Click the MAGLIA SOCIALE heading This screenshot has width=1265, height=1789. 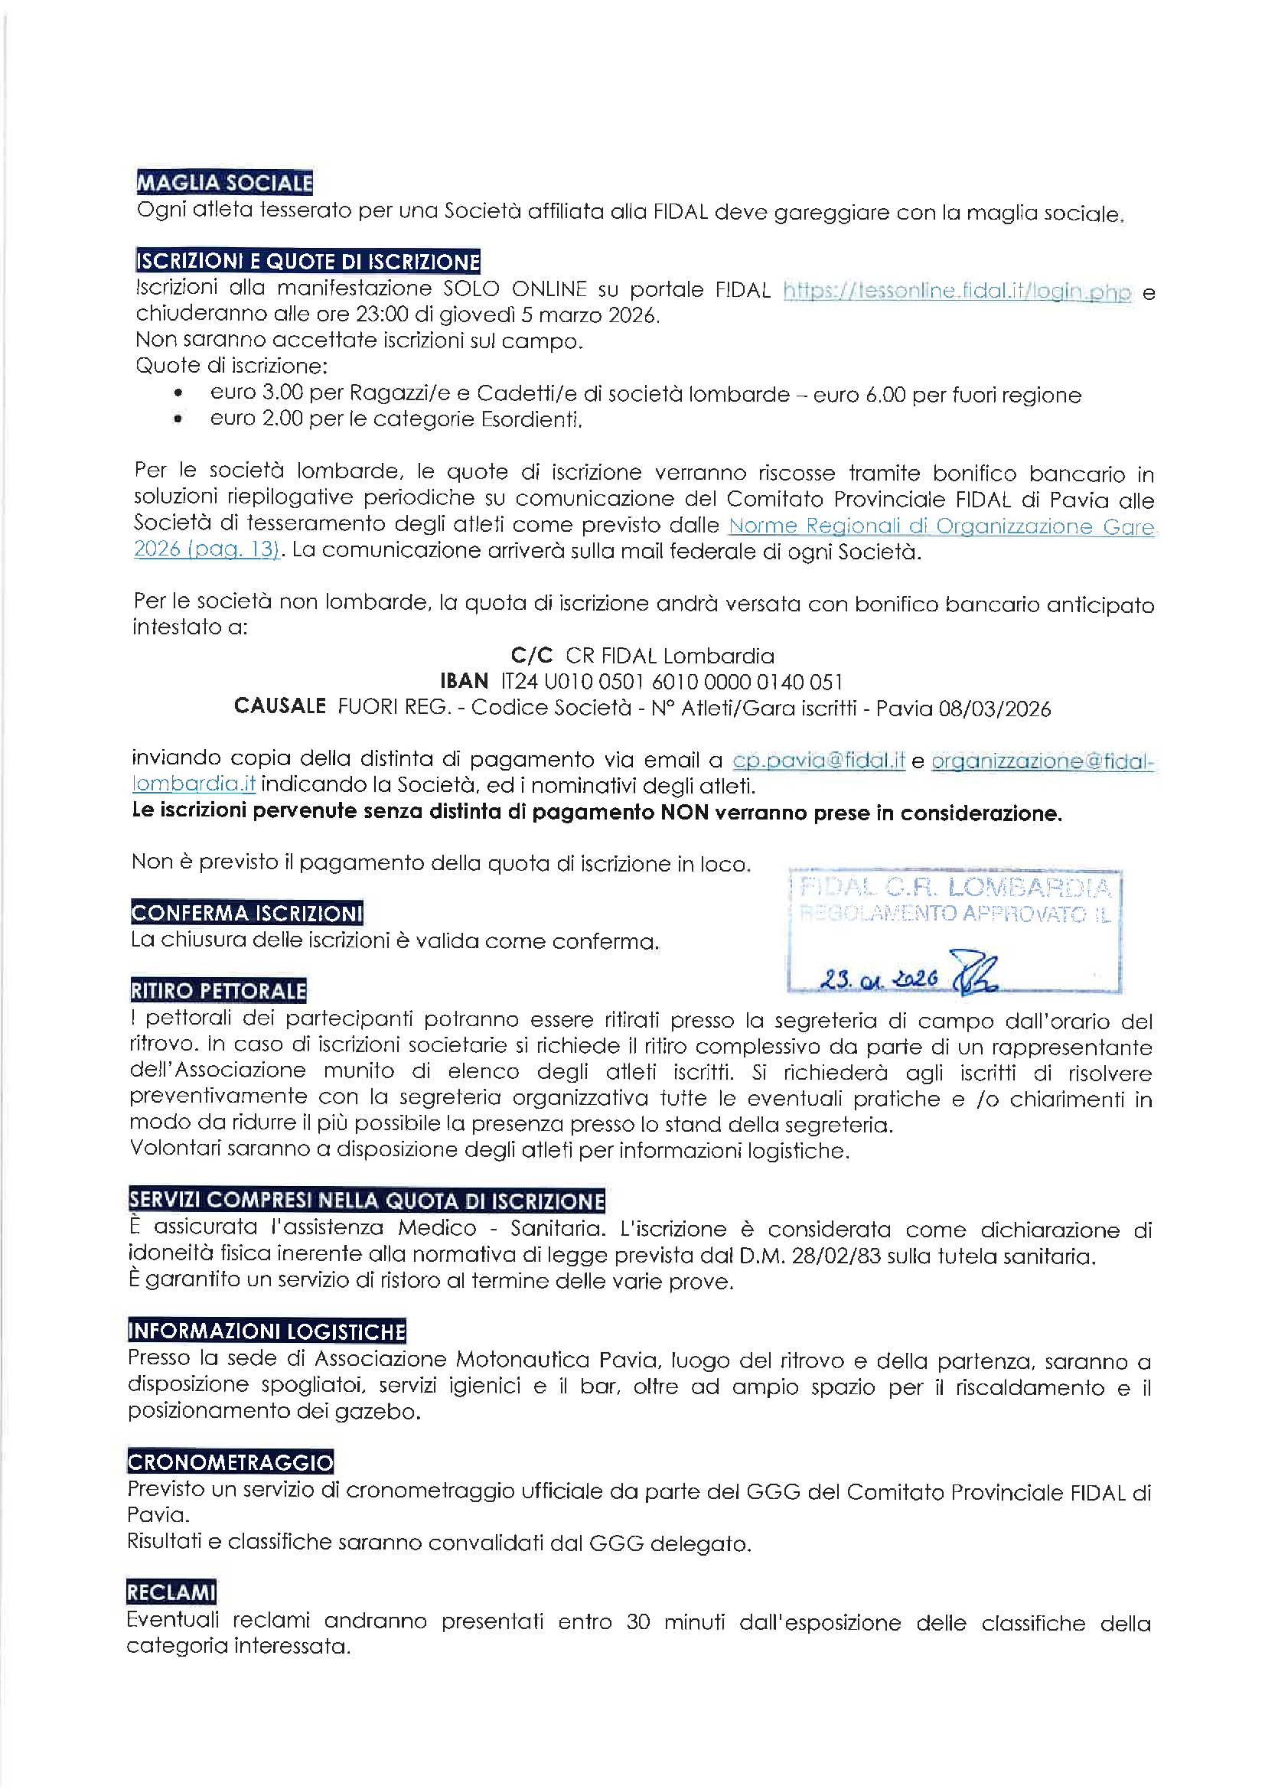224,183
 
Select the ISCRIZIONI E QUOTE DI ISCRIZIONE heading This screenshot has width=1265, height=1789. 308,261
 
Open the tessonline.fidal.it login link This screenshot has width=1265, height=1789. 957,292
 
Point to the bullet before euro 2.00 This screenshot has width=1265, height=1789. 179,420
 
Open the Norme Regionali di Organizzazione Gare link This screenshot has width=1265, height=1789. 941,526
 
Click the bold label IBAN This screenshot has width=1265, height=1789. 465,682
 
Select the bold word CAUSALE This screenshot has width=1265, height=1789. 280,707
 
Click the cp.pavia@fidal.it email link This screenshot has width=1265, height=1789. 818,760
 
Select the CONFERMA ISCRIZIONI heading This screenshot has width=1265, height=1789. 247,913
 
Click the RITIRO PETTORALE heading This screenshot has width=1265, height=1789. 218,991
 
